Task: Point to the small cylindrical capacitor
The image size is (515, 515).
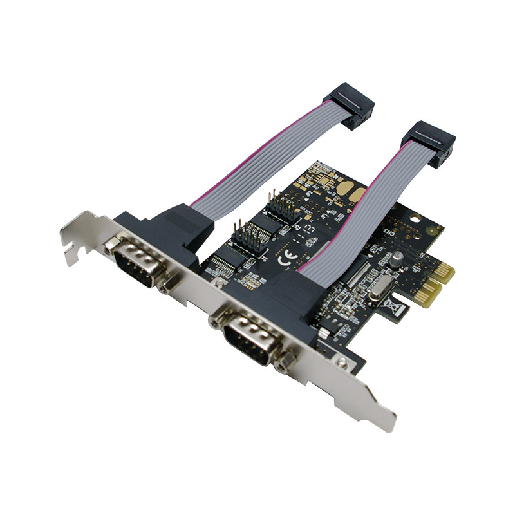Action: click(x=398, y=257)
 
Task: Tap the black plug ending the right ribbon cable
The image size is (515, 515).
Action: click(x=428, y=143)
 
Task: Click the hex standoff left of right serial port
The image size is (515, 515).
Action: click(x=215, y=320)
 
